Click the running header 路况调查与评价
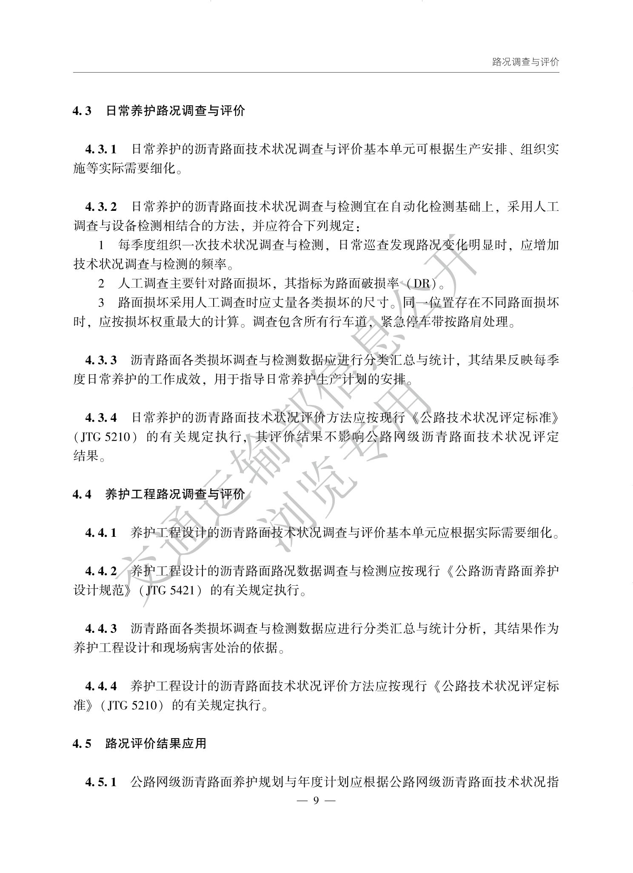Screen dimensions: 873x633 (525, 62)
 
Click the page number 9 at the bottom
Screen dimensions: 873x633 (316, 800)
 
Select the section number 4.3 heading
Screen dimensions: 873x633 (82, 111)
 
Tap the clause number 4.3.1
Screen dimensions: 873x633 (100, 149)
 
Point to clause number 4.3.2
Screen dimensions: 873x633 (100, 207)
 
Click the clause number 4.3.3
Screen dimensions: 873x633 (100, 360)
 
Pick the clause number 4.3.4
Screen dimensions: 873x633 (100, 418)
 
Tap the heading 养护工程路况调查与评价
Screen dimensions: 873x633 (175, 494)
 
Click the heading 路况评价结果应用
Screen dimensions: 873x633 (156, 743)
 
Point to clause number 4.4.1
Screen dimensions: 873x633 (100, 533)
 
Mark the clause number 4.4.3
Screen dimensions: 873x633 (100, 629)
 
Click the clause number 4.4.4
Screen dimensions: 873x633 (100, 686)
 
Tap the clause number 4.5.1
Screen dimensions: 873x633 (100, 782)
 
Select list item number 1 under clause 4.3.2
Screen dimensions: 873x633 (101, 245)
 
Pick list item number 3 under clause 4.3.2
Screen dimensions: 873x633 (101, 303)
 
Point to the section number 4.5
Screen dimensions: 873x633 (82, 743)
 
